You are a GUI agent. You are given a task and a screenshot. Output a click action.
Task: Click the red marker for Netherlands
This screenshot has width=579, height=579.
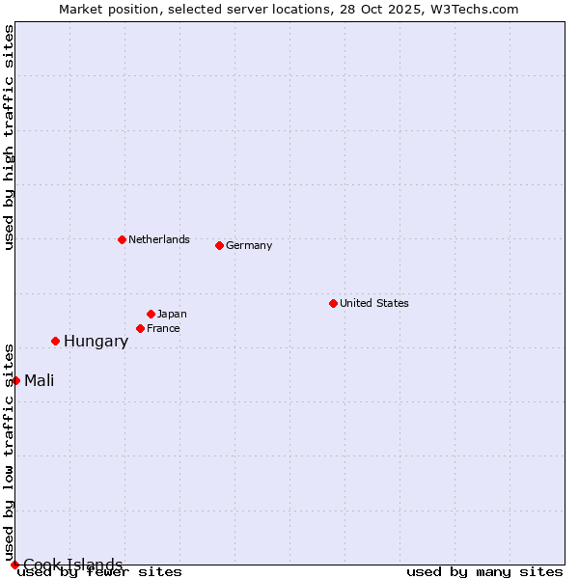pyautogui.click(x=122, y=239)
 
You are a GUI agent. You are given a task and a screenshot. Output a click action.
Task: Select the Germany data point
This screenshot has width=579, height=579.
pyautogui.click(x=219, y=245)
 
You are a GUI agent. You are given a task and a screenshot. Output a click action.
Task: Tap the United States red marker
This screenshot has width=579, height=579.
pyautogui.click(x=333, y=303)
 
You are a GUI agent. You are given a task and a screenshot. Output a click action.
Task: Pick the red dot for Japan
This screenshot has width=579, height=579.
pyautogui.click(x=151, y=314)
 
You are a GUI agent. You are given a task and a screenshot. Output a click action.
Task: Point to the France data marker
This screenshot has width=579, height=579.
pyautogui.click(x=140, y=328)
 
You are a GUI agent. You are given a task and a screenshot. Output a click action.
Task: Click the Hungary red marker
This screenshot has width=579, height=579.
pyautogui.click(x=55, y=341)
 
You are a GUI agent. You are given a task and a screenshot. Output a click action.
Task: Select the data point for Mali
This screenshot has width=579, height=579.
pyautogui.click(x=15, y=380)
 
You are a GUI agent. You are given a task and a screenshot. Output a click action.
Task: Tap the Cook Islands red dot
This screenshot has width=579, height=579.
pyautogui.click(x=14, y=565)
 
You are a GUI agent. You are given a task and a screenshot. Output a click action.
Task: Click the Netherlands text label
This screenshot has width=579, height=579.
pyautogui.click(x=159, y=239)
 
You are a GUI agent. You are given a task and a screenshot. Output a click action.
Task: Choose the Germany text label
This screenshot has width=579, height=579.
pyautogui.click(x=249, y=245)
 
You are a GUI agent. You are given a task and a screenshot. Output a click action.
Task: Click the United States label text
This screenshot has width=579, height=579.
pyautogui.click(x=374, y=303)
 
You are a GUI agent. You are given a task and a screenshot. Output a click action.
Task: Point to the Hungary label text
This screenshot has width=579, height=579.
pyautogui.click(x=96, y=341)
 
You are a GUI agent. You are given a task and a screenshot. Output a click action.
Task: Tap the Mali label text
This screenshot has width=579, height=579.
pyautogui.click(x=40, y=380)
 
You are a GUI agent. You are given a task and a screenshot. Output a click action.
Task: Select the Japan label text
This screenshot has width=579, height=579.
pyautogui.click(x=172, y=314)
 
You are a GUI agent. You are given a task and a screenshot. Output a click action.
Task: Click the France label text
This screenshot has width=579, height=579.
pyautogui.click(x=163, y=328)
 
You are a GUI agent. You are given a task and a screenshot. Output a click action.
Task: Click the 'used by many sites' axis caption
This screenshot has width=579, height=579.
pyautogui.click(x=484, y=571)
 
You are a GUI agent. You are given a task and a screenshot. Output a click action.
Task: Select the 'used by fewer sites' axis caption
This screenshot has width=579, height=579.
pyautogui.click(x=100, y=571)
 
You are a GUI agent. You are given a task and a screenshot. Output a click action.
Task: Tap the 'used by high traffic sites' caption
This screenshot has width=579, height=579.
pyautogui.click(x=9, y=137)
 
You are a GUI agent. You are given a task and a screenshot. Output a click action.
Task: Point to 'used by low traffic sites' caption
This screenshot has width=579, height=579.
pyautogui.click(x=9, y=452)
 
